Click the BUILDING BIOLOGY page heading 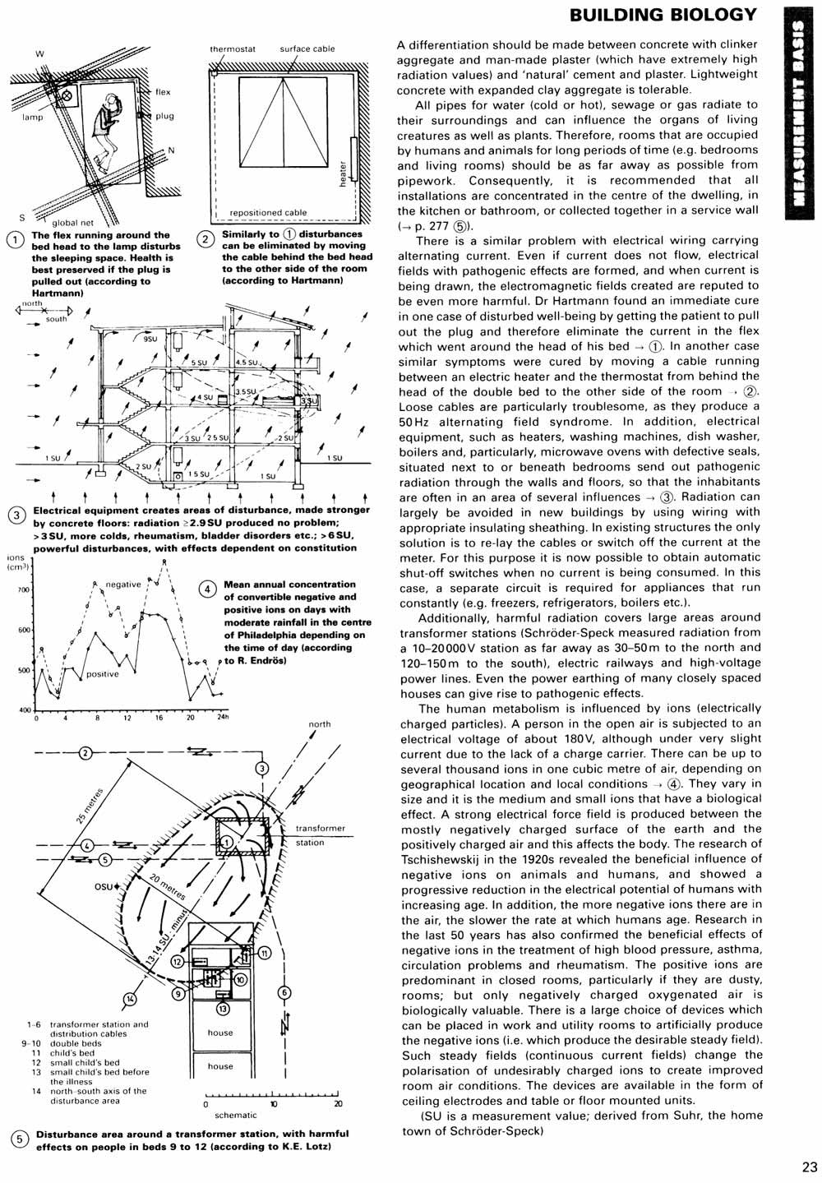pyautogui.click(x=663, y=15)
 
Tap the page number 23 pyautogui.click(x=808, y=1166)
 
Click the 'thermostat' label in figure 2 pyautogui.click(x=233, y=49)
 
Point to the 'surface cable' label pyautogui.click(x=307, y=49)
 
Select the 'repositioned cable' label pyautogui.click(x=268, y=213)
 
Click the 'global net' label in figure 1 pyautogui.click(x=73, y=223)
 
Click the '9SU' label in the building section pyautogui.click(x=150, y=339)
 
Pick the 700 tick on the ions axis pyautogui.click(x=24, y=590)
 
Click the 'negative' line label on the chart pyautogui.click(x=123, y=585)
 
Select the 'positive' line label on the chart pyautogui.click(x=103, y=674)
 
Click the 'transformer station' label pyautogui.click(x=321, y=835)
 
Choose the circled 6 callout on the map pyautogui.click(x=284, y=992)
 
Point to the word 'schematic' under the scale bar pyautogui.click(x=235, y=1116)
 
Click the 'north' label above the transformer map pyautogui.click(x=320, y=724)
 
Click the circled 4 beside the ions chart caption pyautogui.click(x=208, y=589)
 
